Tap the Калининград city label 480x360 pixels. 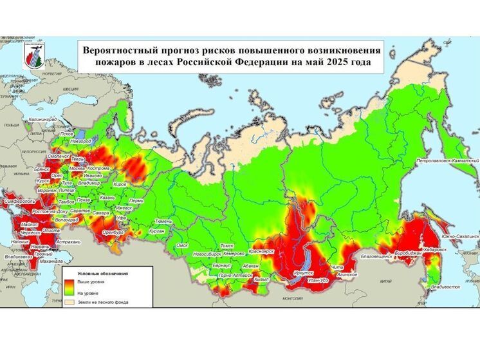click(x=42, y=120)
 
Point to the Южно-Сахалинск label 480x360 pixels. click(x=460, y=236)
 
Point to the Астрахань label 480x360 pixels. click(x=68, y=242)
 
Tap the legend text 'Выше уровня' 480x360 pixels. click(x=90, y=282)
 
